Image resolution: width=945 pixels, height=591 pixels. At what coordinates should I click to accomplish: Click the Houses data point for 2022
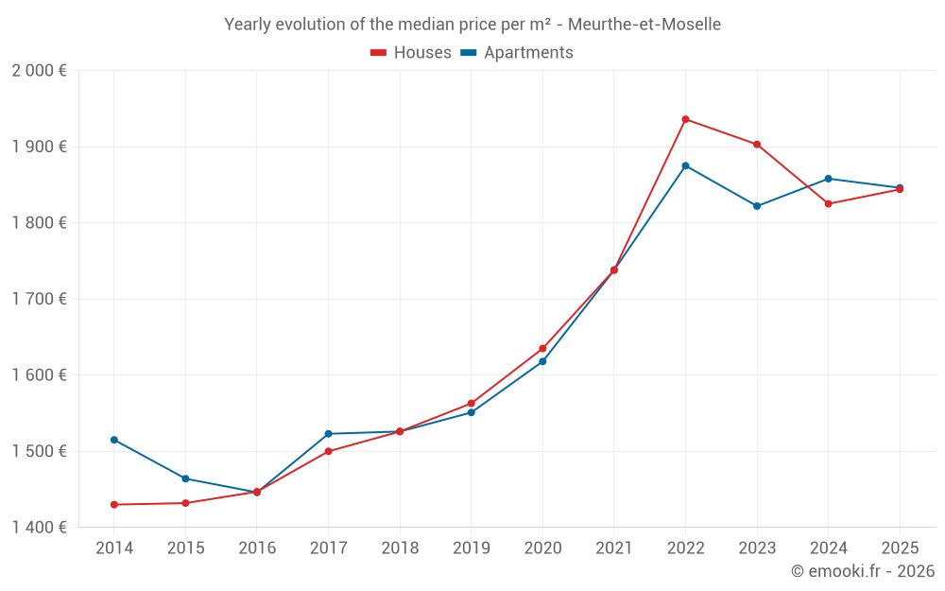click(685, 119)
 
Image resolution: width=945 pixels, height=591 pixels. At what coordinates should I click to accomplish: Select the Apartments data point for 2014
click(114, 440)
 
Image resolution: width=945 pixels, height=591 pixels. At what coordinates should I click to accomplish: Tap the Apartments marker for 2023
click(757, 206)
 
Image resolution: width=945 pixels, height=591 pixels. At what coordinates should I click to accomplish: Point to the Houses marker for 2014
click(114, 505)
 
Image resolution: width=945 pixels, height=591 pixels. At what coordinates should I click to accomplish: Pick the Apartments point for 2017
click(328, 434)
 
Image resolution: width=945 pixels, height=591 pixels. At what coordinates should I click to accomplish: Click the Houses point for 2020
click(542, 349)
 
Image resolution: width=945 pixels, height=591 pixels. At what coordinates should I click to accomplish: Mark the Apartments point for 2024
click(829, 179)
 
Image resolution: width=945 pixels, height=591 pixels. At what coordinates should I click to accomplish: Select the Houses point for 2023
click(757, 145)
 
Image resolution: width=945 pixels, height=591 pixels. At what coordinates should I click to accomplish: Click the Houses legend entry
click(411, 53)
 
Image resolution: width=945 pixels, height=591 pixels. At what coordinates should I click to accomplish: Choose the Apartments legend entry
click(517, 53)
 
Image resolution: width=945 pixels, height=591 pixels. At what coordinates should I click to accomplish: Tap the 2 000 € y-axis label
click(39, 71)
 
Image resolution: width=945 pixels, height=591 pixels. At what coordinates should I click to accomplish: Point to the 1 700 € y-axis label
click(39, 299)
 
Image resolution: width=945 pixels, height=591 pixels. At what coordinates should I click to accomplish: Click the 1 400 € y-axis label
click(39, 528)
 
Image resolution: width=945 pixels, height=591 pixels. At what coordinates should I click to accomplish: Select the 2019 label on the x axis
click(471, 548)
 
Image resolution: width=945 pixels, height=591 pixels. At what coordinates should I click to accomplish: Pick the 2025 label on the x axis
click(900, 548)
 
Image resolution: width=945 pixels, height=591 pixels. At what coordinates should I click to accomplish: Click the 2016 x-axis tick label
click(257, 548)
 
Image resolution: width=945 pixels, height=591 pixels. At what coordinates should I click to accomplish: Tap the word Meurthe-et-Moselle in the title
click(644, 25)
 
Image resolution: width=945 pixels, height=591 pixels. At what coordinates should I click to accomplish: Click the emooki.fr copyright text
click(863, 571)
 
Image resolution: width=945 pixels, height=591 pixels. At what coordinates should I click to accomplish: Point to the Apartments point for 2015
click(185, 478)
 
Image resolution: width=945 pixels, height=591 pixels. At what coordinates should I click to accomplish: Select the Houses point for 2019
click(471, 404)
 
